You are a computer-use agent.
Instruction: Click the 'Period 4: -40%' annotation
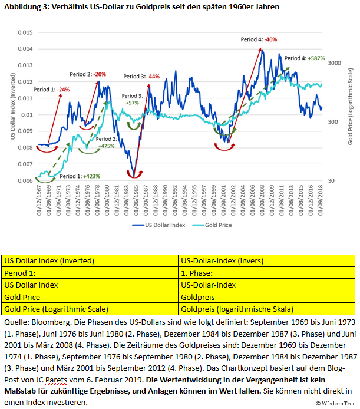tap(259, 40)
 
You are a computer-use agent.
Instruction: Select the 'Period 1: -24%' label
tap(51, 90)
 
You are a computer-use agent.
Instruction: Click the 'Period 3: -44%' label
tap(141, 77)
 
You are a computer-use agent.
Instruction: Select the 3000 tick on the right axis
tap(335, 62)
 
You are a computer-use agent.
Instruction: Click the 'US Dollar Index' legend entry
tap(159, 225)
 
